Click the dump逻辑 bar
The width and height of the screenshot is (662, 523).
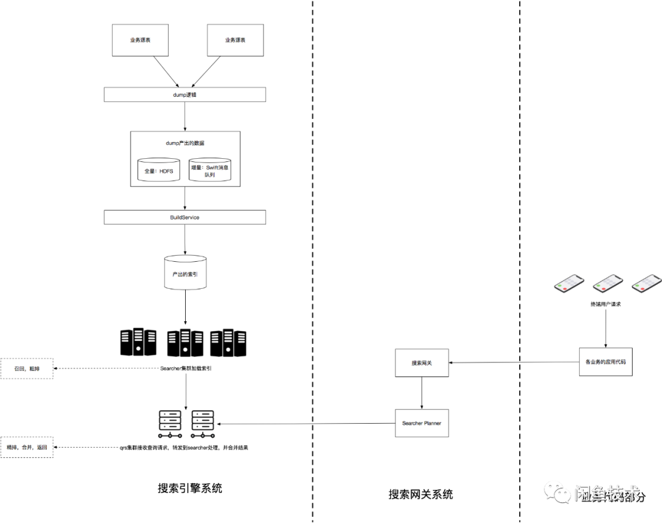click(185, 94)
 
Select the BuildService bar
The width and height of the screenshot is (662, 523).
click(185, 218)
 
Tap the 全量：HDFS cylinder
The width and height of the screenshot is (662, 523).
click(158, 170)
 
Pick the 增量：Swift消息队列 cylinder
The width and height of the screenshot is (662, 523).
click(210, 170)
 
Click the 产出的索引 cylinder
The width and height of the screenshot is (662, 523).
click(185, 273)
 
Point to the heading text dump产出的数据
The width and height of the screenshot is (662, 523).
click(185, 143)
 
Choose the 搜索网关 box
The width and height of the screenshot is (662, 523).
click(422, 363)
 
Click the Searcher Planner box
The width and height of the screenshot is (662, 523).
click(422, 423)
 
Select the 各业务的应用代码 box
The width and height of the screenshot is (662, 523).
click(606, 362)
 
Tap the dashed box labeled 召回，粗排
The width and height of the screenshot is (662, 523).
click(26, 368)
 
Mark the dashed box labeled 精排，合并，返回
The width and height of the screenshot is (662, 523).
click(26, 448)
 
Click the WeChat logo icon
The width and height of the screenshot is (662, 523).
click(557, 492)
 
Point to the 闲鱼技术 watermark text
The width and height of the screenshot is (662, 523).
click(607, 493)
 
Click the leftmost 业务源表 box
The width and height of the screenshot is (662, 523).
click(140, 40)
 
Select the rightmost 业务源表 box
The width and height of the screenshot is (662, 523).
click(235, 40)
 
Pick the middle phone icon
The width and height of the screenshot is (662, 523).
click(607, 284)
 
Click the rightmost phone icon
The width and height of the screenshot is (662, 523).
click(647, 284)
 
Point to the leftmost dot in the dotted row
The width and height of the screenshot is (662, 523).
click(160, 436)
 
